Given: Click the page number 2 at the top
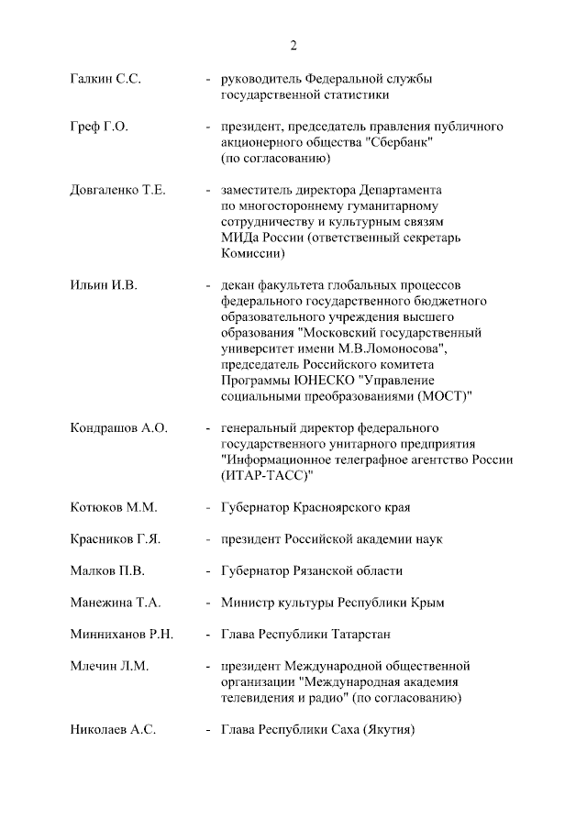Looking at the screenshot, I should [293, 46].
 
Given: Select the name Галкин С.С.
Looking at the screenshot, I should [105, 79].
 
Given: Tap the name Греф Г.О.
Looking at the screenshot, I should [99, 127].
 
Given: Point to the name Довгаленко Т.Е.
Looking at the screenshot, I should [117, 190].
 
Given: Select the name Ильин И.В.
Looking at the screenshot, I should [104, 285].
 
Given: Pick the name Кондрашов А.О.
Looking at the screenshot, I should [118, 428].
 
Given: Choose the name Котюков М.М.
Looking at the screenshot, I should [114, 507].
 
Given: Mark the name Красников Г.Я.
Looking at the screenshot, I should [116, 539].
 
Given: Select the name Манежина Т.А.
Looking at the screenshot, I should [116, 603].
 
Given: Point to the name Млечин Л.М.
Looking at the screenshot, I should [109, 666].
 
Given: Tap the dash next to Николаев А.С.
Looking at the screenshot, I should [209, 730].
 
